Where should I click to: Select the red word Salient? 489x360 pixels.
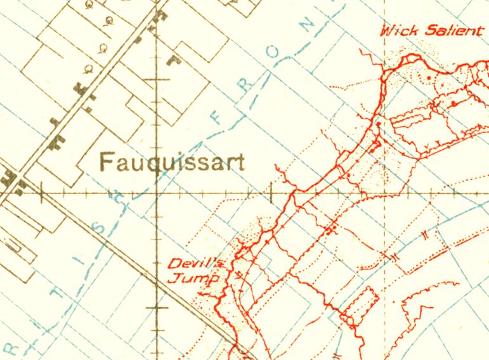(x=452, y=30)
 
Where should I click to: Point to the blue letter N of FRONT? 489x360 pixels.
(x=309, y=27)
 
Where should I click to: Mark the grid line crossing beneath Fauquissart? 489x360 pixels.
(x=157, y=192)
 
